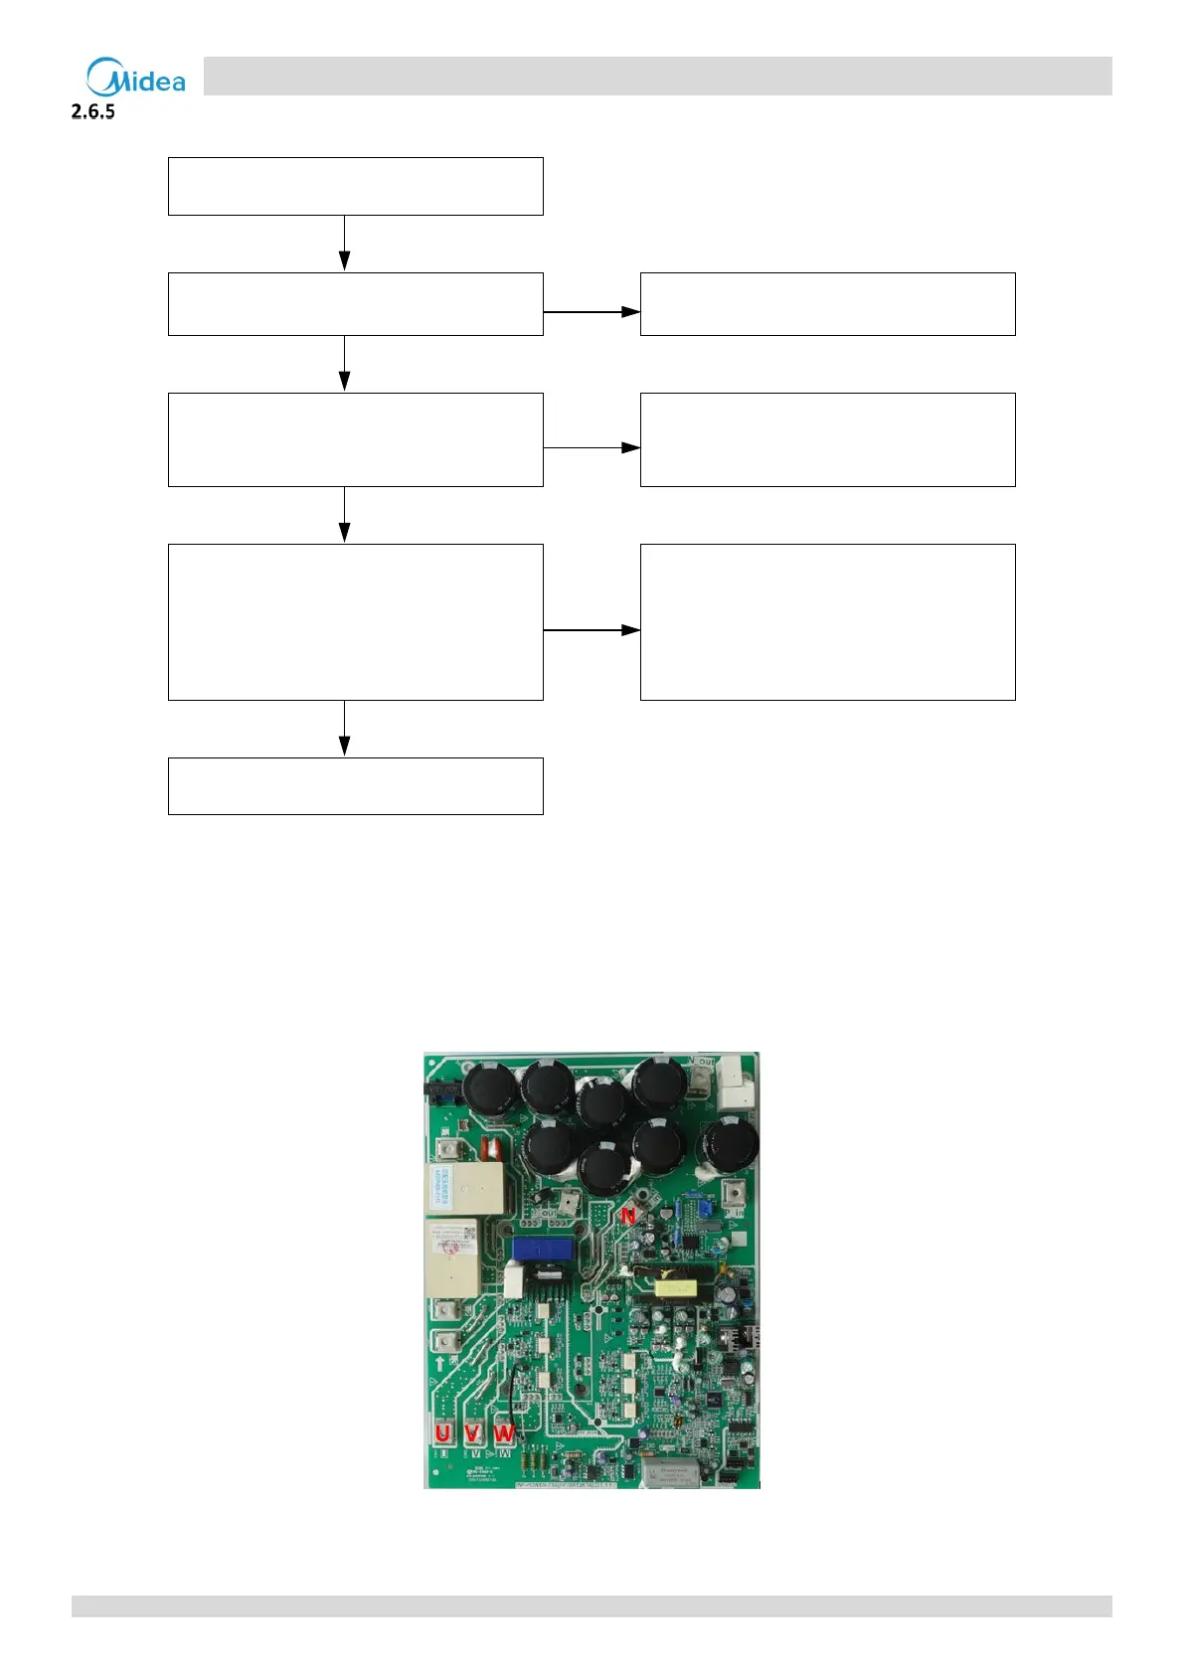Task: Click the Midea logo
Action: [x=135, y=78]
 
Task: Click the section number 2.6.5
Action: [x=93, y=111]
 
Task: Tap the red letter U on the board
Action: [x=442, y=1433]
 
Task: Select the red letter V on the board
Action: [x=473, y=1433]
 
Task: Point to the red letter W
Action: [x=505, y=1433]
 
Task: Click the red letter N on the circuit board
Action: [x=628, y=1216]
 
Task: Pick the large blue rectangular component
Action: [x=542, y=1249]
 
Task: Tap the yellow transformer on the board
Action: [x=675, y=1289]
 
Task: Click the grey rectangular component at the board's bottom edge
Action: [x=671, y=1472]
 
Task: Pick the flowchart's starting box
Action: [x=355, y=186]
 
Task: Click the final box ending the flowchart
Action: [x=355, y=785]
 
